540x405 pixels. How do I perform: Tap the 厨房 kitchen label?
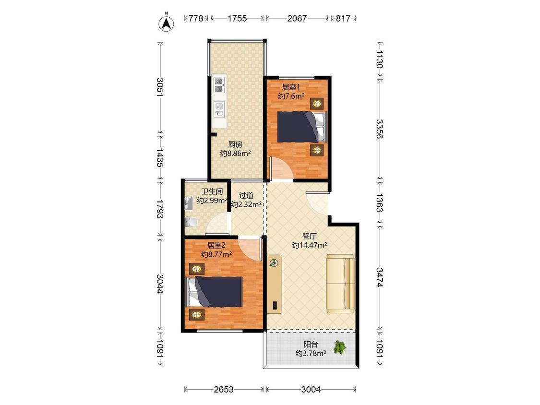[x=235, y=144]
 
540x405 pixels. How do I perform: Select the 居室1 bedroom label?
[x=291, y=87]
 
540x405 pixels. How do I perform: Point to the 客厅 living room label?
[x=309, y=236]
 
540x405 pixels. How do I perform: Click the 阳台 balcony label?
[x=311, y=344]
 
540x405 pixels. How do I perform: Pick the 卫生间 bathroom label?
[x=212, y=191]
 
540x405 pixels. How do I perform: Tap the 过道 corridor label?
[x=246, y=195]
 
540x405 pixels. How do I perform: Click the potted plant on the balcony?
[x=339, y=347]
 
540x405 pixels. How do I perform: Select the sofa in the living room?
[x=341, y=284]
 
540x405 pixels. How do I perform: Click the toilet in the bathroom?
[x=191, y=222]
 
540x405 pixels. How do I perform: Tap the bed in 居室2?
[x=214, y=292]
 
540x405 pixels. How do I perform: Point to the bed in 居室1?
[x=302, y=127]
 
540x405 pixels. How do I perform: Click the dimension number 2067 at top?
[x=297, y=18]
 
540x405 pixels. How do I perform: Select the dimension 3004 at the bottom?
[x=311, y=390]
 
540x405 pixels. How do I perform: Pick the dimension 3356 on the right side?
[x=379, y=129]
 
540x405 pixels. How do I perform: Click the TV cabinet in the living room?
[x=274, y=284]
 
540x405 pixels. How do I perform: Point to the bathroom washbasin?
[x=189, y=203]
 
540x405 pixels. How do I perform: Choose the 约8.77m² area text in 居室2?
[x=216, y=254]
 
